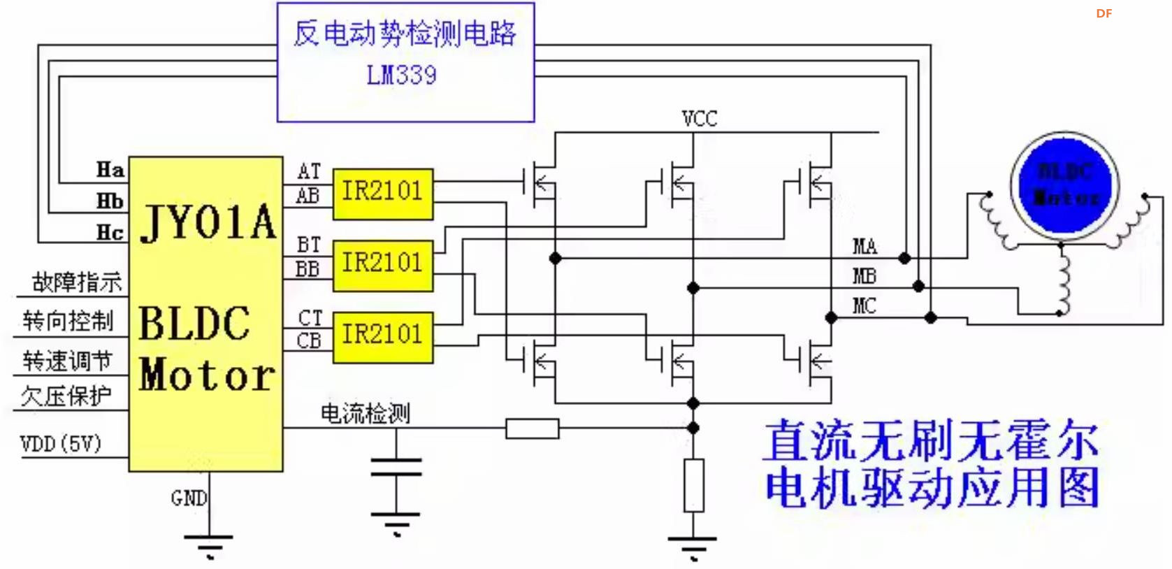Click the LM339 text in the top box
(401, 74)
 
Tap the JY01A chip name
(208, 223)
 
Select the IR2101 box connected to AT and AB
(382, 193)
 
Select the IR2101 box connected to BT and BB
(382, 265)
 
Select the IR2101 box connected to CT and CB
(382, 336)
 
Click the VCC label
(699, 118)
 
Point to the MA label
(864, 246)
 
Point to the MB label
(864, 276)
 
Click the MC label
(864, 305)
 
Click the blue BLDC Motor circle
(1064, 185)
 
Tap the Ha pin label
(110, 169)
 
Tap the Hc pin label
(110, 232)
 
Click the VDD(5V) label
(61, 443)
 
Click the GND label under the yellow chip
(188, 498)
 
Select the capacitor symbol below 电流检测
(396, 467)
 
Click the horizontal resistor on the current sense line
(532, 428)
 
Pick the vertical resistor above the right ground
(693, 485)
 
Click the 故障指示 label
(76, 282)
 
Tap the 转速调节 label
(67, 361)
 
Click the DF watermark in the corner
(1104, 13)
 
